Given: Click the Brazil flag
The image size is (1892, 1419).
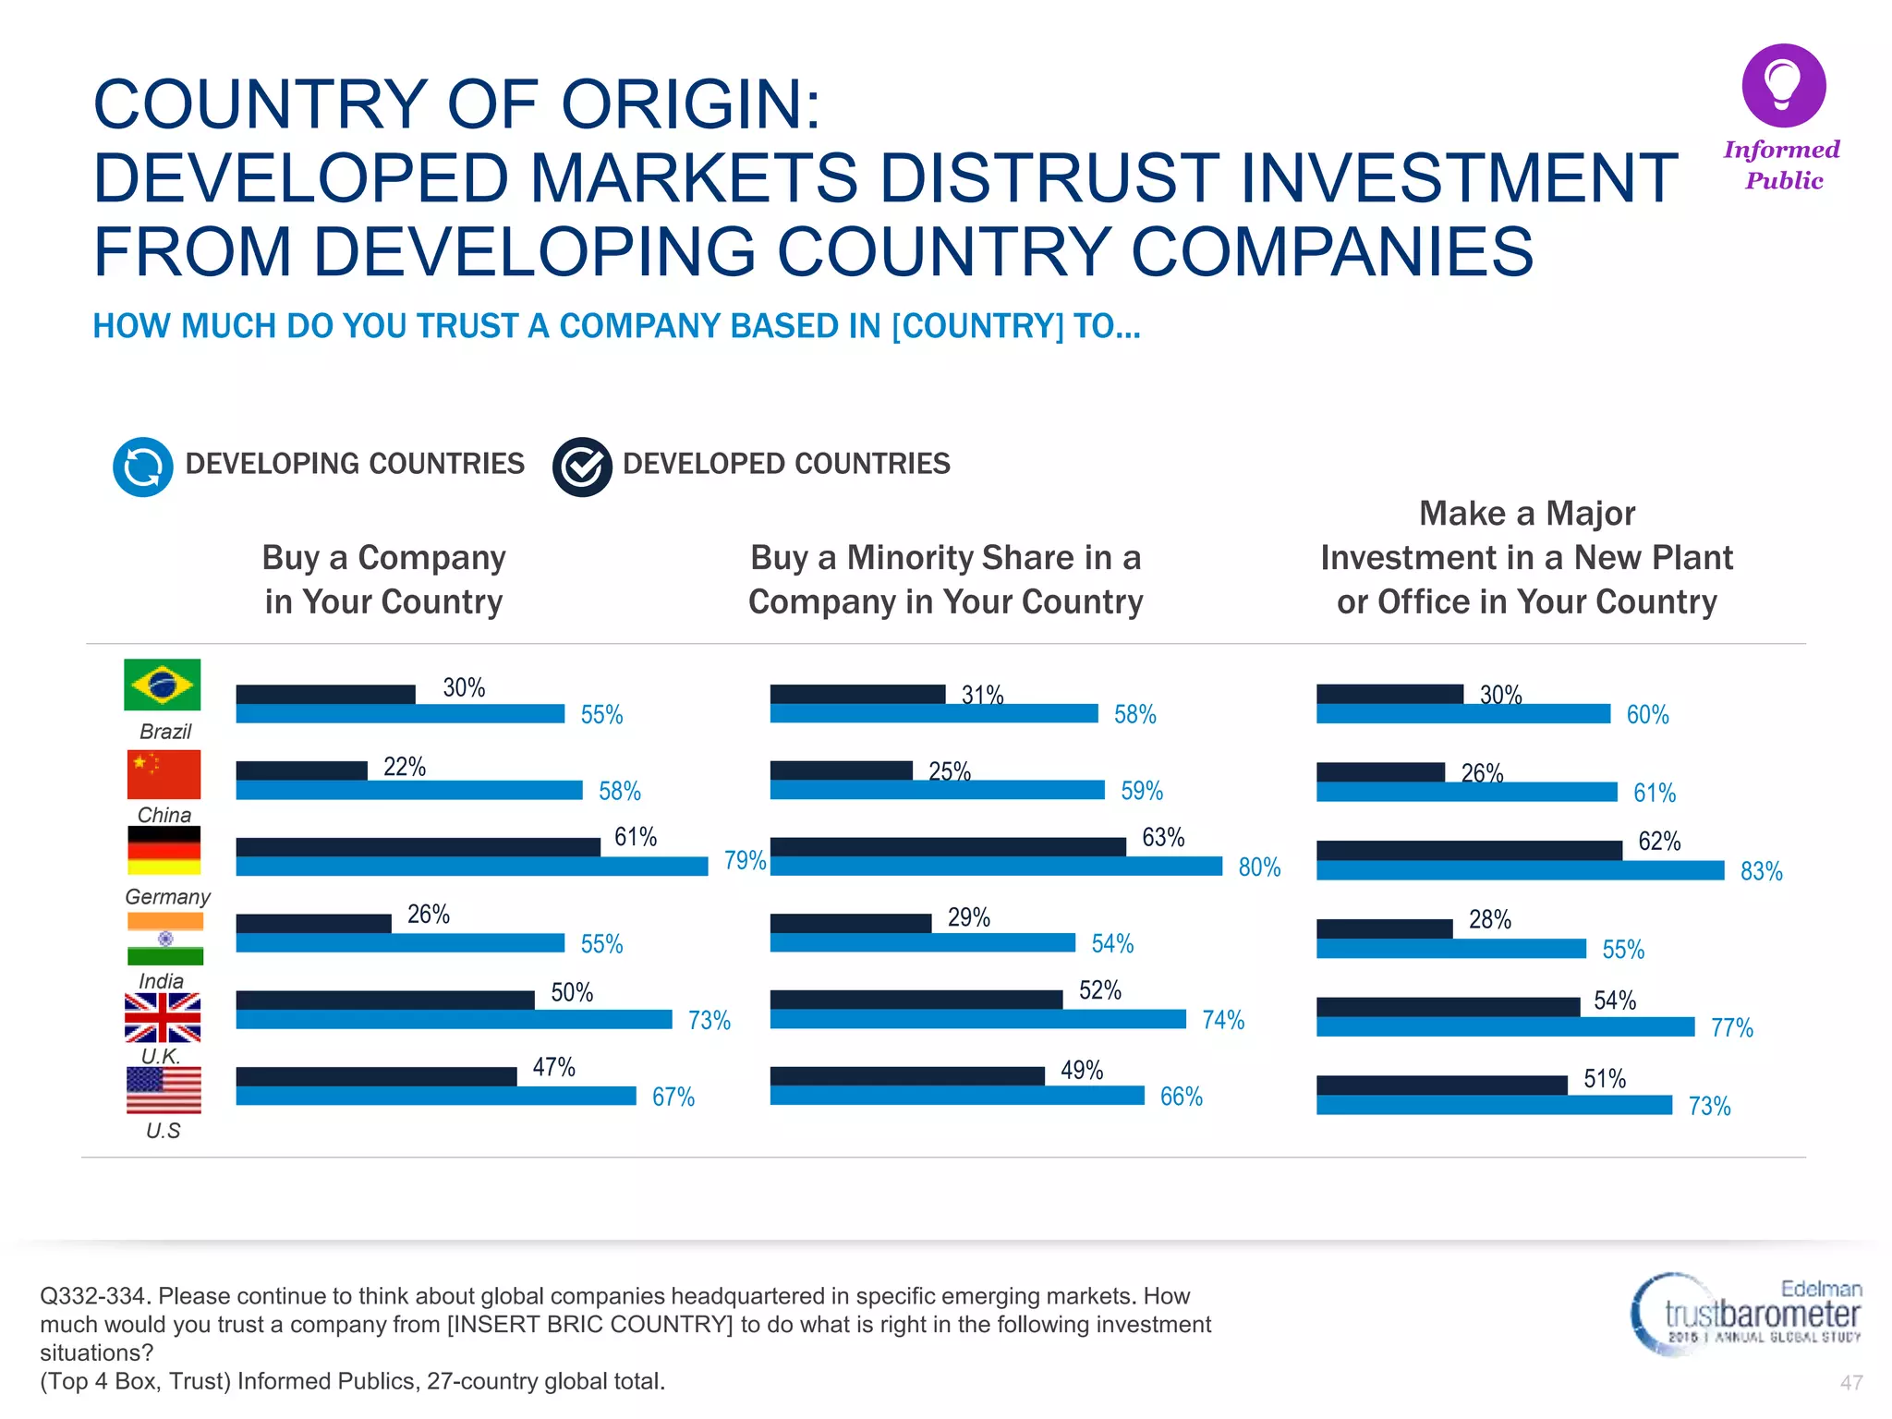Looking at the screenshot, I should (163, 685).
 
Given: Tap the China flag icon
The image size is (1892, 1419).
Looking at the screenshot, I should (164, 774).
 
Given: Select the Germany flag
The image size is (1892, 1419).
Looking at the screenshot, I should (164, 850).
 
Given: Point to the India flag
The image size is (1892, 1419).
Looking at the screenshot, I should (165, 939).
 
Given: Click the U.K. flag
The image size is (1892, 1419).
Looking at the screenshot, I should (163, 1017).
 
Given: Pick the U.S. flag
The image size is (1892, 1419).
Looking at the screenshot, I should (164, 1090).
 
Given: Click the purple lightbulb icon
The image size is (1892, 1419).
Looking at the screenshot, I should (1783, 85).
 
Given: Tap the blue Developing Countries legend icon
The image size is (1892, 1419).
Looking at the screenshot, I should (142, 467).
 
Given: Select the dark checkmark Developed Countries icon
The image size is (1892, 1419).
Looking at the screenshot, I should (582, 467).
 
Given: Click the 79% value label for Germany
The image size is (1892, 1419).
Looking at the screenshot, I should (745, 861).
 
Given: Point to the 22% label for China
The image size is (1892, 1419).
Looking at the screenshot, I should (405, 767).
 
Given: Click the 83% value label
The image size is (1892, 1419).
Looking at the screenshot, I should (1761, 871).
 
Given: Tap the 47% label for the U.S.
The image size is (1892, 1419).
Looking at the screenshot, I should (553, 1068).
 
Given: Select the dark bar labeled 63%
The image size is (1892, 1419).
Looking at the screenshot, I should (948, 846).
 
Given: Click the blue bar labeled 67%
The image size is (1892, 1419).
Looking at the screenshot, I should (436, 1096).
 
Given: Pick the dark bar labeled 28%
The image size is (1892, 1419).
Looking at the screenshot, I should (1384, 928).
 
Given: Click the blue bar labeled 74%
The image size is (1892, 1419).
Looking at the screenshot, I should (977, 1019).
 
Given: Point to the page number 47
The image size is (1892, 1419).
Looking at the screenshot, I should (1850, 1383).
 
